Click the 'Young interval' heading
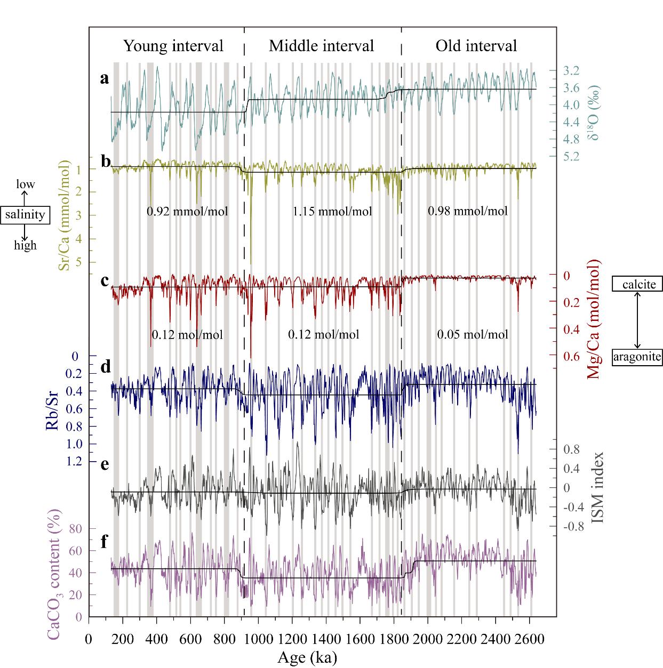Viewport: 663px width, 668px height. pyautogui.click(x=173, y=46)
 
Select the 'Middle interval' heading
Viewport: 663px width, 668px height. pyautogui.click(x=321, y=46)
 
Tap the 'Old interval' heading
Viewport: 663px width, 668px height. pyautogui.click(x=476, y=46)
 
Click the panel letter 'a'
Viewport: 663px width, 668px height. pyautogui.click(x=105, y=79)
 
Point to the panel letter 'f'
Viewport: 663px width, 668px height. pyautogui.click(x=105, y=542)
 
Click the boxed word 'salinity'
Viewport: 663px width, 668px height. pyautogui.click(x=25, y=215)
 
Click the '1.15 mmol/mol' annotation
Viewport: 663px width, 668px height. pyautogui.click(x=332, y=212)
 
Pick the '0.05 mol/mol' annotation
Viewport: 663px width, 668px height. pyautogui.click(x=473, y=335)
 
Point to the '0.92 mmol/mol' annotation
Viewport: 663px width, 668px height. pyautogui.click(x=187, y=212)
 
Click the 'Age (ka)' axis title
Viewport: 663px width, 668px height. pyautogui.click(x=307, y=658)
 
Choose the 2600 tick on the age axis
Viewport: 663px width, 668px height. pyautogui.click(x=529, y=639)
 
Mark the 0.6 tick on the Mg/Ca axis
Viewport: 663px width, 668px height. pyautogui.click(x=573, y=356)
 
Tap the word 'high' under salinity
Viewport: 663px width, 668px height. pyautogui.click(x=25, y=245)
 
